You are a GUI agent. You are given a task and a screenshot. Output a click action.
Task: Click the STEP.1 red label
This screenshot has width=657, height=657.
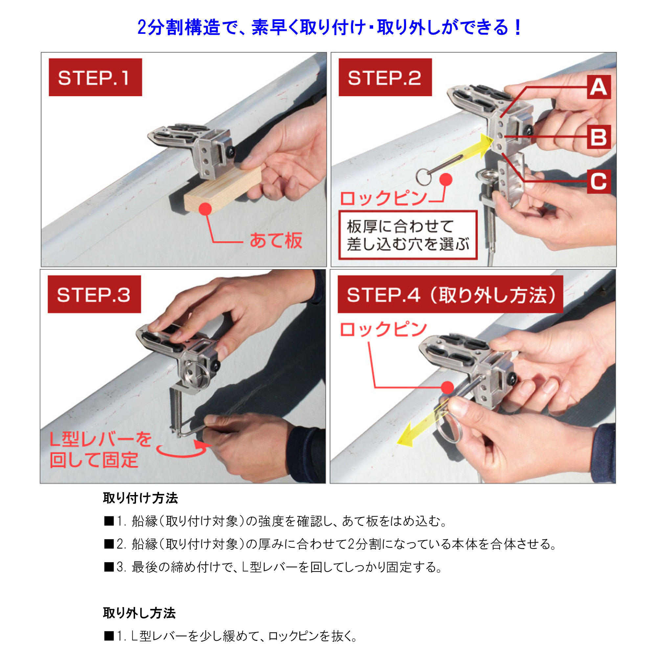pyautogui.click(x=95, y=77)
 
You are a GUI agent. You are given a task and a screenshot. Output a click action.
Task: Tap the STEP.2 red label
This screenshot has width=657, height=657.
pyautogui.click(x=385, y=77)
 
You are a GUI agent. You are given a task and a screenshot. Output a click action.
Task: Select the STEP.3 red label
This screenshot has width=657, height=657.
pyautogui.click(x=94, y=294)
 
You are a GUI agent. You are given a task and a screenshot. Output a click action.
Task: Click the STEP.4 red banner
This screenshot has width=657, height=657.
pyautogui.click(x=450, y=294)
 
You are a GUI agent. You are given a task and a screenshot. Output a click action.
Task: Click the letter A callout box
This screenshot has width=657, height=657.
pyautogui.click(x=599, y=87)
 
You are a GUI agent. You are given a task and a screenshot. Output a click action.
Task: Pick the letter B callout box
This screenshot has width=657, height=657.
pyautogui.click(x=599, y=137)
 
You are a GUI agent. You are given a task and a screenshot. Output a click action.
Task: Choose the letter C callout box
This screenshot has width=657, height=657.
pyautogui.click(x=599, y=181)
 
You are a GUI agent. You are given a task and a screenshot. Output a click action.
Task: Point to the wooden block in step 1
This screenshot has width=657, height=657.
pyautogui.click(x=223, y=190)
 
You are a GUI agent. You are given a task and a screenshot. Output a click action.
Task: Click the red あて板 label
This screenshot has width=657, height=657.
pyautogui.click(x=276, y=240)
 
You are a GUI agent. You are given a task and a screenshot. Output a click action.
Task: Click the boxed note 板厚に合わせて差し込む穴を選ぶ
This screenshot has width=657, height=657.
pyautogui.click(x=408, y=235)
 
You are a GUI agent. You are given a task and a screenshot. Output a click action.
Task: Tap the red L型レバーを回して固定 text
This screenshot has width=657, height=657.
pyautogui.click(x=101, y=450)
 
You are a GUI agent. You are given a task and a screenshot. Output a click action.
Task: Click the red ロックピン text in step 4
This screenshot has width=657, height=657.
pyautogui.click(x=384, y=329)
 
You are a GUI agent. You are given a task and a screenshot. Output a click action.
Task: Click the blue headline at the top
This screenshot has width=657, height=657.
pyautogui.click(x=329, y=27)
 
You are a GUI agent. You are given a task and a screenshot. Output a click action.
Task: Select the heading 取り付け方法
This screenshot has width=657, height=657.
pyautogui.click(x=141, y=498)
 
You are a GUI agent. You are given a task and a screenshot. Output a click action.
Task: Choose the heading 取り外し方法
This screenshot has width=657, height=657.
pyautogui.click(x=139, y=613)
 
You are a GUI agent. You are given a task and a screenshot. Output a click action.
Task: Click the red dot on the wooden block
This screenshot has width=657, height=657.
pyautogui.click(x=205, y=209)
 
